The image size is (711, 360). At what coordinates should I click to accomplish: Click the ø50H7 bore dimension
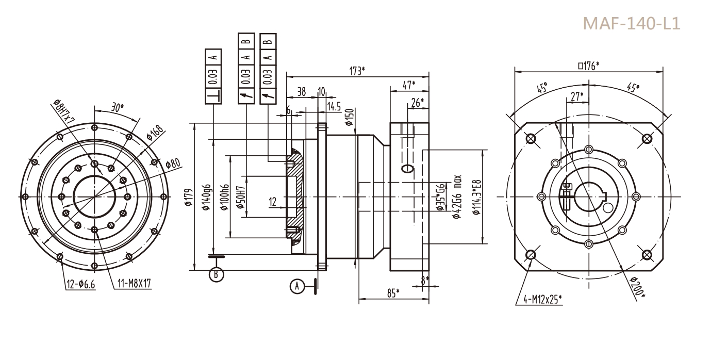click(240, 197)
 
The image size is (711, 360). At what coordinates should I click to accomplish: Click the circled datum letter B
click(217, 274)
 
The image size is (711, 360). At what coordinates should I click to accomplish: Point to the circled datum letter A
click(296, 286)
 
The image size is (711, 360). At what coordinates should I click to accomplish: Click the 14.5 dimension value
click(334, 106)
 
